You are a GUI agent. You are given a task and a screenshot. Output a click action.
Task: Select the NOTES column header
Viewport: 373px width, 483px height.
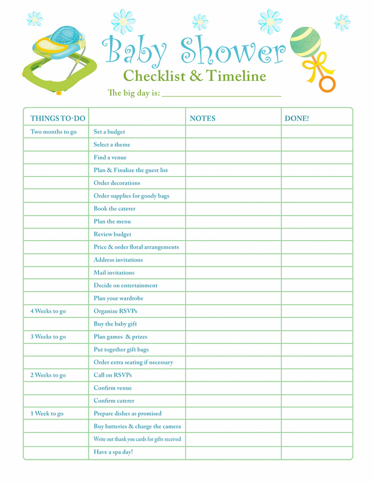pos(203,118)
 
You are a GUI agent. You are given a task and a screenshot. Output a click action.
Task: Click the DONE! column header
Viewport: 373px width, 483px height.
pos(297,118)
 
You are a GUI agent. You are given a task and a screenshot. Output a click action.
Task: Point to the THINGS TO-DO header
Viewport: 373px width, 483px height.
pos(58,118)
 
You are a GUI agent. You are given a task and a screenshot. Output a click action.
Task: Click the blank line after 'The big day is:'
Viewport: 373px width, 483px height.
pos(221,93)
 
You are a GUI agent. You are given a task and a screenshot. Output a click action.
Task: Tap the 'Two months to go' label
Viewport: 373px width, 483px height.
pos(54,132)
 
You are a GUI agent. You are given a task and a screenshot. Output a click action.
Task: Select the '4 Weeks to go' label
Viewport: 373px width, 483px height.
pos(48,311)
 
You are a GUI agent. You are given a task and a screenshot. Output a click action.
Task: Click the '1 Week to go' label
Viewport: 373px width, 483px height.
pos(47,414)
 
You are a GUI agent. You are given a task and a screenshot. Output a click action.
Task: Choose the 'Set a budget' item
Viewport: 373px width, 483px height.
pos(110,132)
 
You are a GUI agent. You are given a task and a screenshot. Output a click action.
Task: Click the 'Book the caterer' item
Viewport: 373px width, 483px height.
pos(115,209)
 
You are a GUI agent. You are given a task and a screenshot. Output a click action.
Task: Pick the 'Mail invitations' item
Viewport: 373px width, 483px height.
pos(114,273)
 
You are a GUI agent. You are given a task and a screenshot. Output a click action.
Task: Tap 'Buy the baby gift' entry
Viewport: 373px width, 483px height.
pos(115,324)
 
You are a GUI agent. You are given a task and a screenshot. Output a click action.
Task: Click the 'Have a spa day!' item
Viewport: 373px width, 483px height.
pos(114,452)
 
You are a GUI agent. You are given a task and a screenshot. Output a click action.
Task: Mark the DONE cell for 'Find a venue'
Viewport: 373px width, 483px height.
pos(316,157)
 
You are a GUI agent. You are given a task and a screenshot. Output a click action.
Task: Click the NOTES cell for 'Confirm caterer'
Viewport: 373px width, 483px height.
pos(233,401)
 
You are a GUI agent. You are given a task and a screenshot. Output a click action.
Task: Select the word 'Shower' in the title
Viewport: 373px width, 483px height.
pos(233,51)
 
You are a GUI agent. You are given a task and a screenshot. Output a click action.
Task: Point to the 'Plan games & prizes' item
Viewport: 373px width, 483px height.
pos(121,337)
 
